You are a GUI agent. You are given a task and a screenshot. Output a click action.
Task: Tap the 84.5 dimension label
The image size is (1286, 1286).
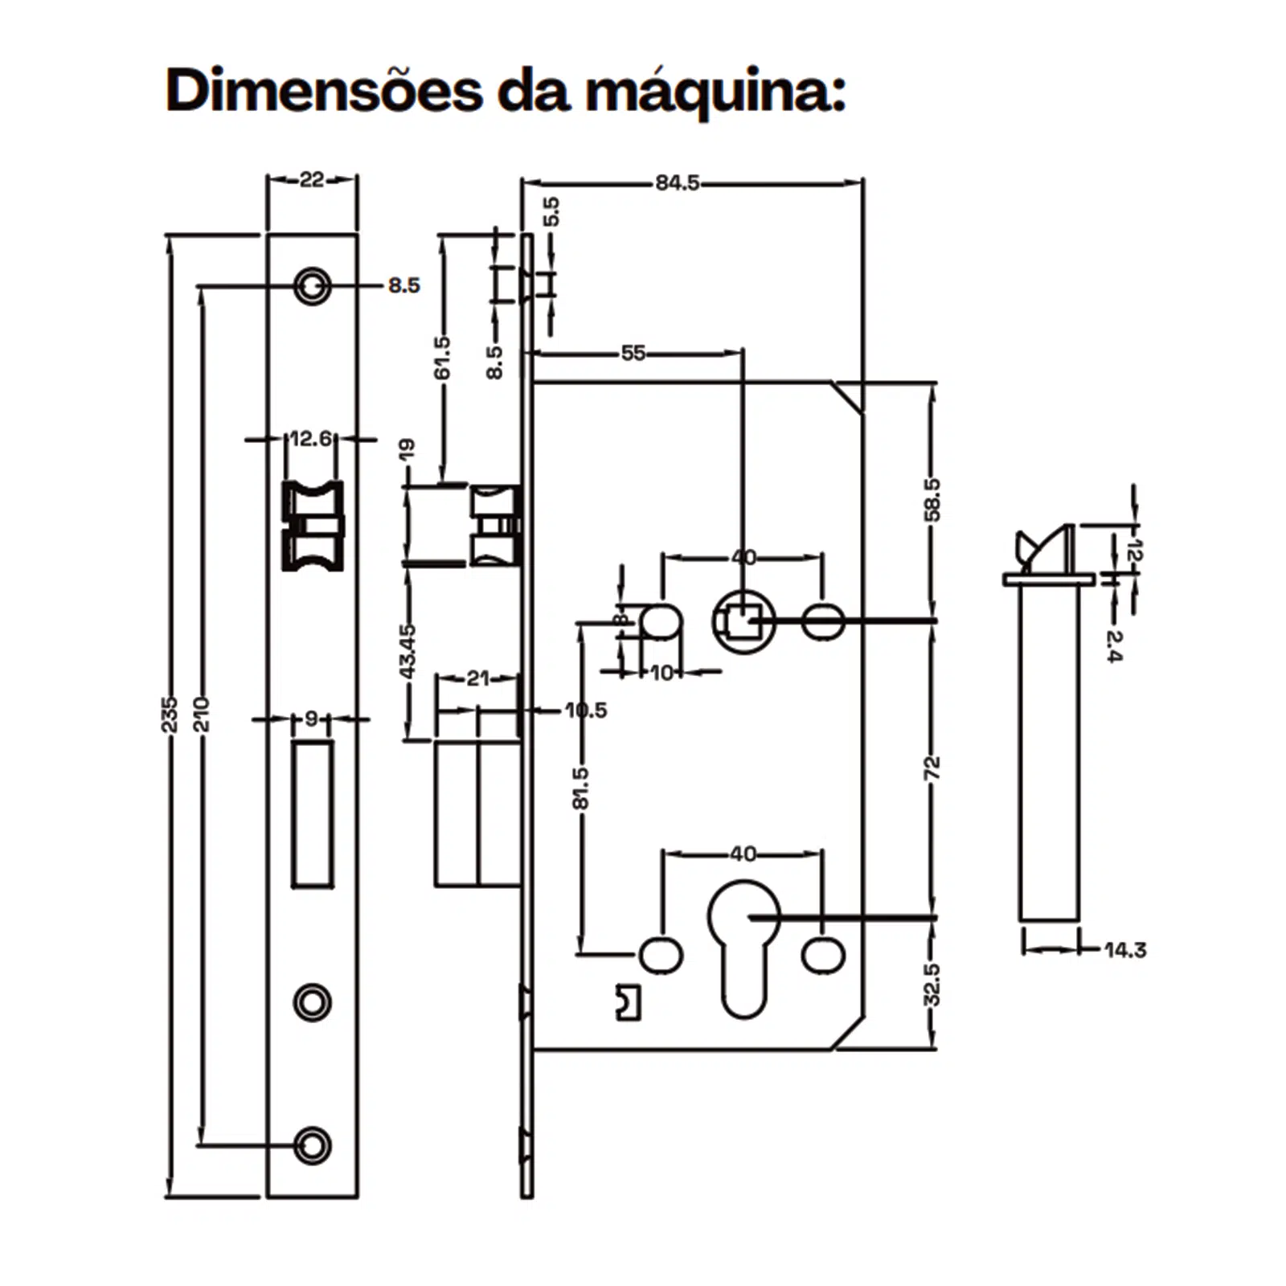pyautogui.click(x=677, y=183)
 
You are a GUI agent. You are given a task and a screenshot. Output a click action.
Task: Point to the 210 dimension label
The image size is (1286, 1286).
pyautogui.click(x=201, y=714)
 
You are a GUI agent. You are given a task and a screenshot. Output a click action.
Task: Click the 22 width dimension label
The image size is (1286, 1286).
pyautogui.click(x=312, y=179)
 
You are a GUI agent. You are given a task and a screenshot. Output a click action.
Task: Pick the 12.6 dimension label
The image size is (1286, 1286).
pyautogui.click(x=310, y=439)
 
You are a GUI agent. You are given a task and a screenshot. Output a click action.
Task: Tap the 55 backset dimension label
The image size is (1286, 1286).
pyautogui.click(x=633, y=353)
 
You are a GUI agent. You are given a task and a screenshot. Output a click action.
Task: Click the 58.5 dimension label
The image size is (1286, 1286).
pyautogui.click(x=932, y=499)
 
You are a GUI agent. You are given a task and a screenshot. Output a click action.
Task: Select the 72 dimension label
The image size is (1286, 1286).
pyautogui.click(x=932, y=768)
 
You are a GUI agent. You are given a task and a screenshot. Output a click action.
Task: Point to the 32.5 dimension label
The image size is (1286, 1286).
pyautogui.click(x=932, y=984)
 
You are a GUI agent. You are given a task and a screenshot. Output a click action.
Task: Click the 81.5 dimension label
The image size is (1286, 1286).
pyautogui.click(x=580, y=788)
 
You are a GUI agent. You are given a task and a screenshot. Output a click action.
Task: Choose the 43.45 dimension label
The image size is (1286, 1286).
pyautogui.click(x=408, y=651)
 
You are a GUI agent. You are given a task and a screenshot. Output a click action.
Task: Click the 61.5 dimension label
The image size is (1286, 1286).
pyautogui.click(x=442, y=358)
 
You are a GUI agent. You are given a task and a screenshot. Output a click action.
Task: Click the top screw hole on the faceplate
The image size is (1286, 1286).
pyautogui.click(x=312, y=285)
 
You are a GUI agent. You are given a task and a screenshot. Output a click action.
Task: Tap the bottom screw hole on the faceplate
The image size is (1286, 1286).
pyautogui.click(x=312, y=1145)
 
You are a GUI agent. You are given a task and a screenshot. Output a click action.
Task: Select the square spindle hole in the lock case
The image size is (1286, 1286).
pyautogui.click(x=743, y=621)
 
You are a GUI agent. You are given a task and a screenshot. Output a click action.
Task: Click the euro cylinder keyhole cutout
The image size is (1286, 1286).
pyautogui.click(x=743, y=944)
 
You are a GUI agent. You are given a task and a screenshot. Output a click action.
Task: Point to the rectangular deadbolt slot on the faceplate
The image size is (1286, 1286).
pyautogui.click(x=312, y=813)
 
